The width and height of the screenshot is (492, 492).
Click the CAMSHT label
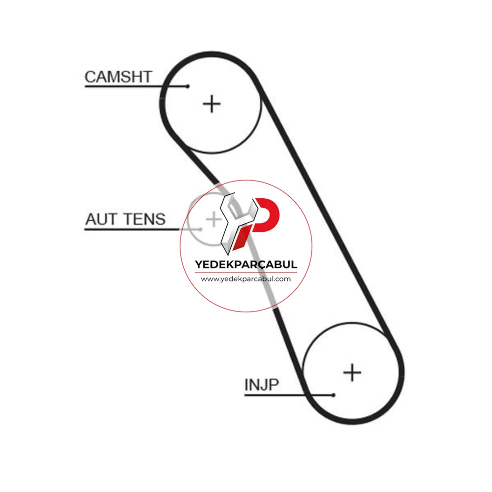tap(118, 77)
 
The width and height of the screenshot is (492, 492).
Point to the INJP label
tap(261, 385)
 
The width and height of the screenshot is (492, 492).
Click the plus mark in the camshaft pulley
tap(212, 104)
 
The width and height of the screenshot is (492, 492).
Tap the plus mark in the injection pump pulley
tap(352, 373)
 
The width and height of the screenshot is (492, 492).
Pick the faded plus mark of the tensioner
tap(214, 219)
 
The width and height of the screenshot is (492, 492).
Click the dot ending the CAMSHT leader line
tap(187, 86)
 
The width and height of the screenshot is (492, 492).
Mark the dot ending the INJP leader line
tap(333, 395)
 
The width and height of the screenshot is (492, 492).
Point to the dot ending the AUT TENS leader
tap(201, 229)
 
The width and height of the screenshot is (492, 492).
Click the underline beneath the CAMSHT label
tap(136, 86)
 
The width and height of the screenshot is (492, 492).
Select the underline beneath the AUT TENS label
tap(143, 229)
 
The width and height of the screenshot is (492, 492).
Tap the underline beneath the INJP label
tap(289, 395)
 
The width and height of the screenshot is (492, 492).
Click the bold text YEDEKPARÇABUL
tap(246, 264)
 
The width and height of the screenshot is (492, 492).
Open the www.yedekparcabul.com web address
tap(246, 279)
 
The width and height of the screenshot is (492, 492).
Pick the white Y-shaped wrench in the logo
tap(237, 223)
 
